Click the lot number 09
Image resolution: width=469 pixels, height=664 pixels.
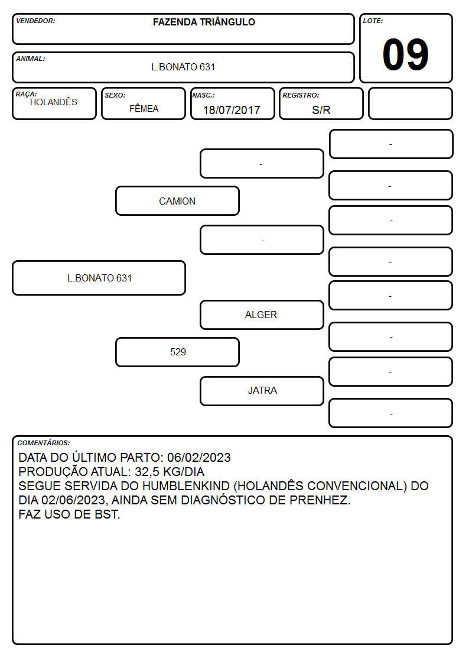coord(405,54)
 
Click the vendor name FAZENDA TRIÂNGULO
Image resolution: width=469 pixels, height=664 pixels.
coord(204,22)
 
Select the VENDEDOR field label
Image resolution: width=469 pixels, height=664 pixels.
coord(35,21)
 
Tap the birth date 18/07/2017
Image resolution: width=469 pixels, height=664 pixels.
coord(232,110)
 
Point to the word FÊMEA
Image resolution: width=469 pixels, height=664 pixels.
coord(144,108)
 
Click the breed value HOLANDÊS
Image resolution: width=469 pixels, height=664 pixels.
coord(54,102)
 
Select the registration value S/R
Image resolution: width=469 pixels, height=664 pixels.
coord(321,110)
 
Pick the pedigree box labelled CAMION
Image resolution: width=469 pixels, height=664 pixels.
coord(177,200)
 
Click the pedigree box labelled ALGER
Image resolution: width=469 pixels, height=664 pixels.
coord(262,315)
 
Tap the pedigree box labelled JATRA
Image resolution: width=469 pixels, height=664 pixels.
coord(262,391)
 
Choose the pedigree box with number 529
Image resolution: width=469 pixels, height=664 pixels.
coord(177,352)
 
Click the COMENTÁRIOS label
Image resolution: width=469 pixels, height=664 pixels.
coord(44,443)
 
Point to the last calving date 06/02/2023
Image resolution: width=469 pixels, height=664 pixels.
coord(199,457)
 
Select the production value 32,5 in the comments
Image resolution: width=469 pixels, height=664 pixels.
coord(148,472)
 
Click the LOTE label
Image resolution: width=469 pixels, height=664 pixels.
coord(373,21)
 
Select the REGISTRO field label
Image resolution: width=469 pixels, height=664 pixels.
coord(301,95)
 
